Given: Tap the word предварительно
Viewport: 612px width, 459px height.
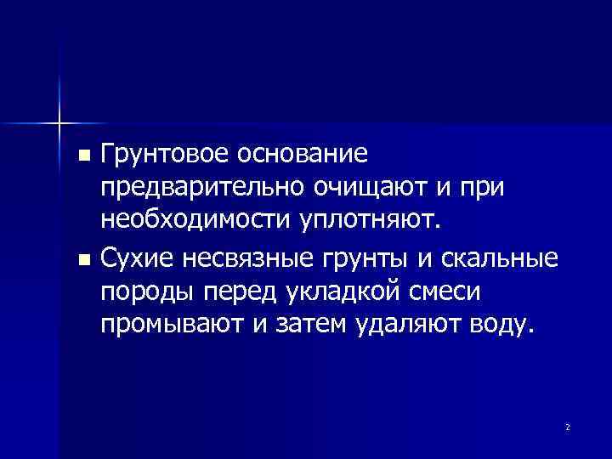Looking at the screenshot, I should point(201,189).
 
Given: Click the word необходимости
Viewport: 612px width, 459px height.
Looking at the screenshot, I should point(196,222).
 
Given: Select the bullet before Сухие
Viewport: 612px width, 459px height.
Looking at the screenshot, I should point(82,258).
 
